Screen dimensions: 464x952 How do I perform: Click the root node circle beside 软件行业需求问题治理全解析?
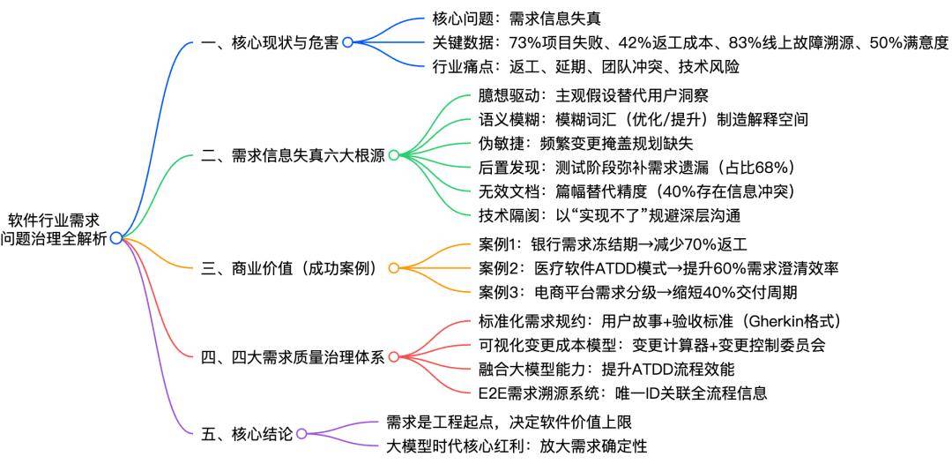click(x=115, y=237)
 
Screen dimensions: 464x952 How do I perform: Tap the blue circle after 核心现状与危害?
click(x=347, y=41)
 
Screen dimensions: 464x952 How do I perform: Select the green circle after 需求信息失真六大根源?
click(x=393, y=155)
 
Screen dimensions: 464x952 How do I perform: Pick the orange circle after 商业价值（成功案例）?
click(x=393, y=268)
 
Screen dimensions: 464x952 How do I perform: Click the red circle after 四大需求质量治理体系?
click(x=393, y=357)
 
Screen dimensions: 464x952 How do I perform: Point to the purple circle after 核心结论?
click(x=301, y=433)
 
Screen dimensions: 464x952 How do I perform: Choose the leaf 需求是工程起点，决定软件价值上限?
click(x=509, y=423)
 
